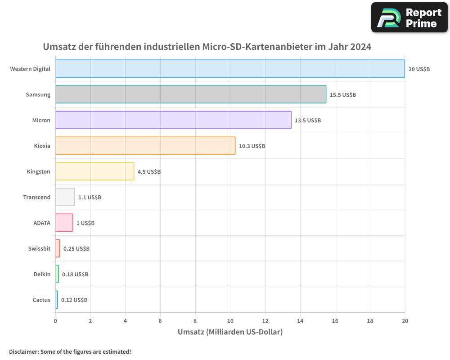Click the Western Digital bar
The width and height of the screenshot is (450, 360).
(x=230, y=69)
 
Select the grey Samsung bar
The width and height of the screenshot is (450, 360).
(x=191, y=94)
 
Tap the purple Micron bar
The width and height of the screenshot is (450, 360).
(x=173, y=120)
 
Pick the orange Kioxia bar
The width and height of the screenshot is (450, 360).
(x=145, y=146)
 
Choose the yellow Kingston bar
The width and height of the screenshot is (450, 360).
(x=94, y=171)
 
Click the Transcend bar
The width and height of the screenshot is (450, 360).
(x=65, y=197)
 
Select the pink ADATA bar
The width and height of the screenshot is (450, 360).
(x=64, y=223)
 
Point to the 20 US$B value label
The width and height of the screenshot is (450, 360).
(x=419, y=69)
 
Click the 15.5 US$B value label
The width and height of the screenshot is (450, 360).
(x=342, y=95)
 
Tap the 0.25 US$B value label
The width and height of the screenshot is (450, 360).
(x=76, y=249)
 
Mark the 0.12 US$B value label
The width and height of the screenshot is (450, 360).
(x=74, y=300)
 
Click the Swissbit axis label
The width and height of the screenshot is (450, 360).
(x=39, y=248)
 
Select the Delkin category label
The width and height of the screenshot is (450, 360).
(x=42, y=274)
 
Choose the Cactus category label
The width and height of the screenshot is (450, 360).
(x=41, y=300)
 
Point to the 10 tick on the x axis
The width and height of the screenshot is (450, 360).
(x=230, y=321)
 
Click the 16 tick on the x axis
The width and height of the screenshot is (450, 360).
(x=335, y=321)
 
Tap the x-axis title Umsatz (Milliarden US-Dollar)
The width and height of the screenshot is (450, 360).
(x=230, y=333)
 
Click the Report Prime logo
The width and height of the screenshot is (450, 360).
(x=409, y=18)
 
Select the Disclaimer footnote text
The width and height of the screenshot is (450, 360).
(x=70, y=351)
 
